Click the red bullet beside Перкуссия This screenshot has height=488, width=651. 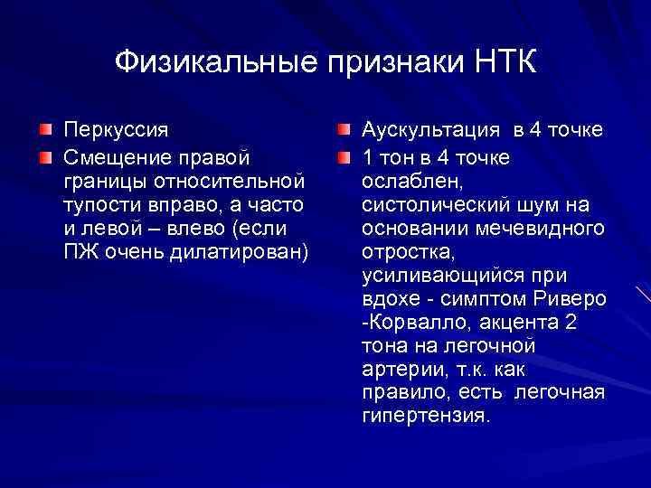44,131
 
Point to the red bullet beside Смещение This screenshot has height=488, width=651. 44,158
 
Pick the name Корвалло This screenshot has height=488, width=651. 412,323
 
